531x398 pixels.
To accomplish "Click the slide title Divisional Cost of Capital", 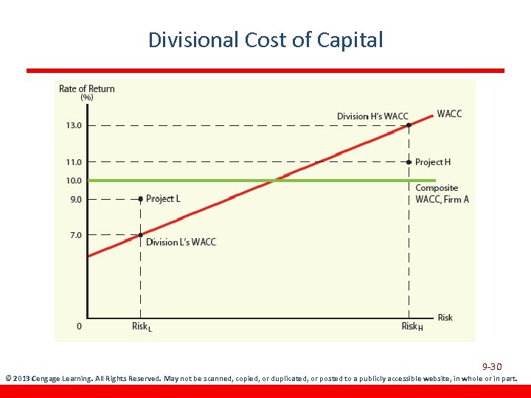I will (x=265, y=39).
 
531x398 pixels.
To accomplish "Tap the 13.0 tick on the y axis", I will (x=74, y=125).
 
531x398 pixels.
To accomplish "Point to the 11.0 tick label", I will (x=74, y=161).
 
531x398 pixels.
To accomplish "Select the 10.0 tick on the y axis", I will (x=74, y=180).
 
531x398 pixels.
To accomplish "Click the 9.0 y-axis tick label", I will (x=74, y=199).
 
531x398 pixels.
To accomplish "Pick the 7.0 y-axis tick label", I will (x=74, y=234).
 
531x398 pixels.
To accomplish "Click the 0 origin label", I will (x=79, y=326).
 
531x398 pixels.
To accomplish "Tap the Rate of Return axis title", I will (x=86, y=89).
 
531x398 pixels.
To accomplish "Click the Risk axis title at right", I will (x=445, y=318).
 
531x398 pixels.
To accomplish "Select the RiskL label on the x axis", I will (x=142, y=327).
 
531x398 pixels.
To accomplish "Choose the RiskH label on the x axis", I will (x=412, y=327).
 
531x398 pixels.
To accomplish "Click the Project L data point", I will (x=140, y=198).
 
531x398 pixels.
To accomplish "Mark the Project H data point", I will (x=409, y=161).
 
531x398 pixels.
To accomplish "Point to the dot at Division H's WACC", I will (x=409, y=125).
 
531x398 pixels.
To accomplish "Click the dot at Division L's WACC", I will (x=140, y=235).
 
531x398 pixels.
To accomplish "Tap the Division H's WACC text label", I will (x=372, y=116).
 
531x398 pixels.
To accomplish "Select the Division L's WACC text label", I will (x=181, y=242).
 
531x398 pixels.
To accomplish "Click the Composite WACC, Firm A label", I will (x=442, y=194).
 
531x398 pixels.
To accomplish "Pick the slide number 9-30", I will (x=492, y=366).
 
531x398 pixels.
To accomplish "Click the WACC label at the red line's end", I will (x=449, y=114).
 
